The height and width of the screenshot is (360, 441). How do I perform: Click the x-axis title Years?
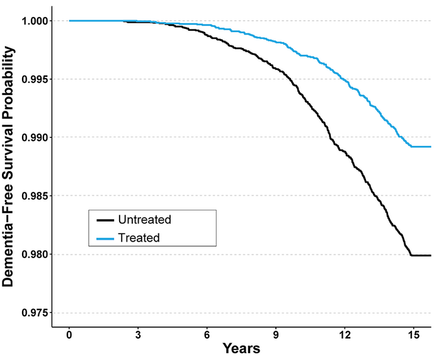241,348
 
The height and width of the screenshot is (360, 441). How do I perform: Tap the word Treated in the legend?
139,237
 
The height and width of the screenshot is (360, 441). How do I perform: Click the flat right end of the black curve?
421,256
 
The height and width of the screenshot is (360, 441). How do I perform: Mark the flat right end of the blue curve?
421,147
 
